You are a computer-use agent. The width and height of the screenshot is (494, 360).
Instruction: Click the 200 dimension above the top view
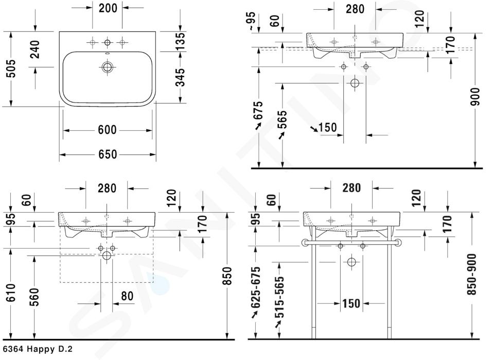[108, 8]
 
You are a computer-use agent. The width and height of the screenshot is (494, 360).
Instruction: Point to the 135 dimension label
[180, 41]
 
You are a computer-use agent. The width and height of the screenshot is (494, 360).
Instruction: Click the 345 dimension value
[180, 77]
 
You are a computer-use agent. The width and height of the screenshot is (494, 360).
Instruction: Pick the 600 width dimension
[108, 130]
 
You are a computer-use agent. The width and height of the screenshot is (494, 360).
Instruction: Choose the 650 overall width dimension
[108, 155]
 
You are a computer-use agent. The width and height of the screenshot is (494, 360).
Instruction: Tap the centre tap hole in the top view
[108, 42]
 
